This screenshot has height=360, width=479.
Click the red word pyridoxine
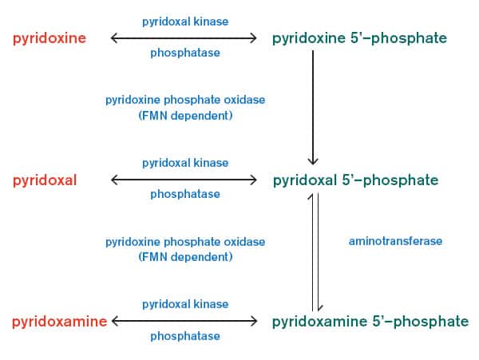49,38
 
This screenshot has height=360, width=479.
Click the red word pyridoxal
45,180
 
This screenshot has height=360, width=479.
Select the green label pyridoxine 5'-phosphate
359,38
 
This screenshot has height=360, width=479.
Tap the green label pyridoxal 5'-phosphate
355,180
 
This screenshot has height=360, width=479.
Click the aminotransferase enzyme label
395,240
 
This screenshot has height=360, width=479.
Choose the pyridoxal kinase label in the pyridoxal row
185,163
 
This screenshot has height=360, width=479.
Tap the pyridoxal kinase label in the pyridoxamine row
185,304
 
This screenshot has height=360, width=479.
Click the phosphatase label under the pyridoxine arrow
185,53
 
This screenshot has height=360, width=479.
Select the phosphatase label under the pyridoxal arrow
185,194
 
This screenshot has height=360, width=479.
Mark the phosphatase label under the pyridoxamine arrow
185,336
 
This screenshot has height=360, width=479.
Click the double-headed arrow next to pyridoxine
184,38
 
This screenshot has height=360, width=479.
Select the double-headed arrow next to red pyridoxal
184,180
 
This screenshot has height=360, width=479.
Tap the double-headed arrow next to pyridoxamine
184,321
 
